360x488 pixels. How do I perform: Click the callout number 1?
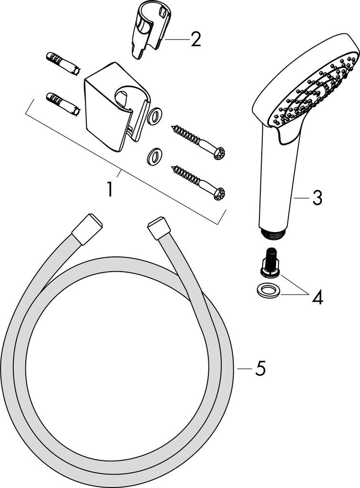pos(110,190)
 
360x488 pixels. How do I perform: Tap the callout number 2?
pos(195,40)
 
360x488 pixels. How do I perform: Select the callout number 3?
pos(317,198)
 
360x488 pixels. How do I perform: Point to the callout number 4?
pos(318,298)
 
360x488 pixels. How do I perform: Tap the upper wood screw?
pos(197,141)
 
